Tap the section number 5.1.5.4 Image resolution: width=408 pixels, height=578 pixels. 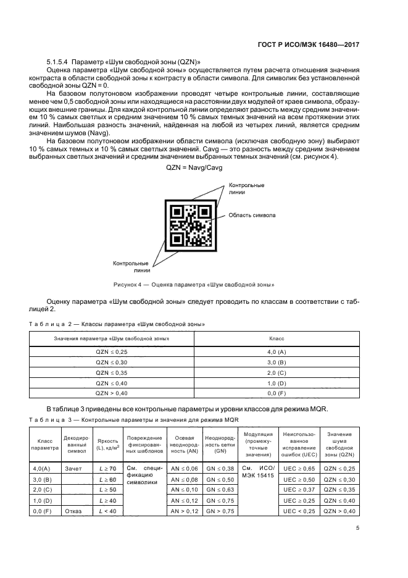[x=57, y=63]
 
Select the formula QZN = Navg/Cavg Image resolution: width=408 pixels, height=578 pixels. [x=194, y=167]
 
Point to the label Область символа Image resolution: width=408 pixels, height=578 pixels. [x=252, y=216]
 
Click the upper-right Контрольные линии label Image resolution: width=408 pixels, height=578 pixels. [x=247, y=188]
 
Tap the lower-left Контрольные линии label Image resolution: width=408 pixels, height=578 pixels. [x=131, y=267]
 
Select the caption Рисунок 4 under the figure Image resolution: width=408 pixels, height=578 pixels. [x=194, y=285]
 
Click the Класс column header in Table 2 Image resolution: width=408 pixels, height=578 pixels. [x=276, y=340]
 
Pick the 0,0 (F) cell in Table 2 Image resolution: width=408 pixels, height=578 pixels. [x=276, y=393]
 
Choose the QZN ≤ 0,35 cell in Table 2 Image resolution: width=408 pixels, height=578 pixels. [x=111, y=372]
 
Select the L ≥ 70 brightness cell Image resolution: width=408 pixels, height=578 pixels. [x=107, y=469]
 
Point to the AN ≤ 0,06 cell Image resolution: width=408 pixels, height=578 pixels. [x=185, y=469]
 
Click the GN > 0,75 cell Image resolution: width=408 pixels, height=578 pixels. [x=220, y=511]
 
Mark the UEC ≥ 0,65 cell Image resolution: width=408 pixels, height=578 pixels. [x=300, y=469]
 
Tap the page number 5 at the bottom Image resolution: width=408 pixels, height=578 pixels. [x=358, y=528]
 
